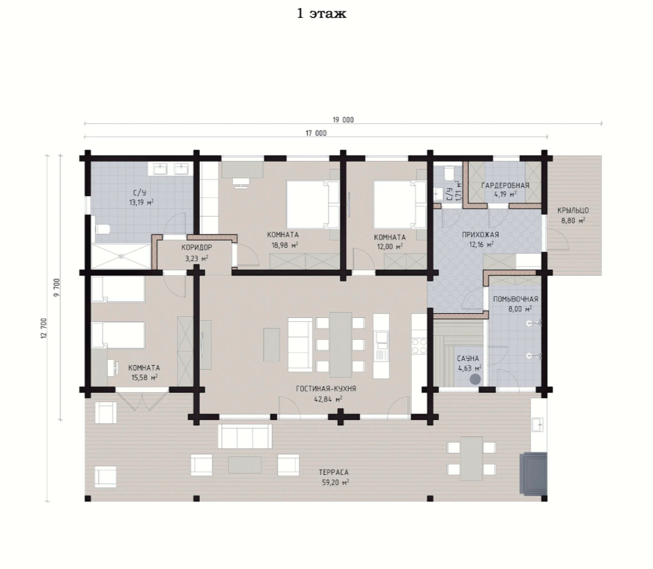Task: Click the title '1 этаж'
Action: pos(321,14)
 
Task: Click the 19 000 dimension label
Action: pos(343,120)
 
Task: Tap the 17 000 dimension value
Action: pos(316,133)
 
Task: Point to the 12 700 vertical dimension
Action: pos(44,329)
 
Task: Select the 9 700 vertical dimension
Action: pos(57,287)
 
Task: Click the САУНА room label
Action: pos(468,358)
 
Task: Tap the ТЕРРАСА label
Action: pos(334,472)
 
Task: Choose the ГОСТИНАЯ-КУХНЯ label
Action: pos(326,389)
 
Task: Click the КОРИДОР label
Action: pos(197,248)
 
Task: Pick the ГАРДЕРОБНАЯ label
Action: pos(505,185)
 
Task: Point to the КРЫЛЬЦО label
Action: pos(573,211)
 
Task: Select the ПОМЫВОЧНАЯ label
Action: pos(515,299)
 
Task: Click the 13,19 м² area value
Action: pos(142,203)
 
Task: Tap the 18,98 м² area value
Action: pos(285,245)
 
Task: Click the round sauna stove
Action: pos(475,379)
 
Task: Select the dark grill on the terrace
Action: pos(532,474)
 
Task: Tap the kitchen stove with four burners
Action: pos(419,345)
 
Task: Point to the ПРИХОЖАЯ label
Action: pos(481,235)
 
